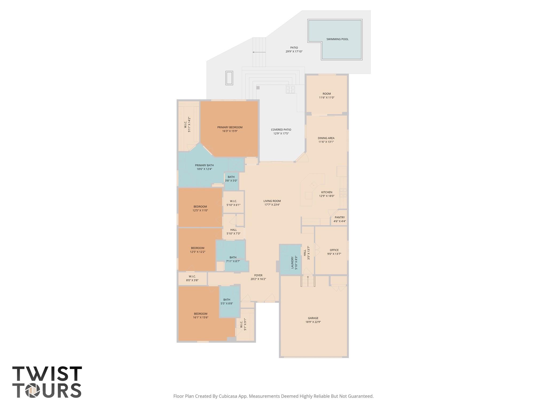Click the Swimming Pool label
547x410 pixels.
337,39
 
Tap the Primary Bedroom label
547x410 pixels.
230,127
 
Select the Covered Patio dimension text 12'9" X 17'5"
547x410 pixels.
281,133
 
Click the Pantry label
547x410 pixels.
339,217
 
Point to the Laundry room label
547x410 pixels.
292,262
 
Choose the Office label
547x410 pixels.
334,250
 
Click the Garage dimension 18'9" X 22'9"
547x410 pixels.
313,322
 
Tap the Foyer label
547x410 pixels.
258,275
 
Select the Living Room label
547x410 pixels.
272,201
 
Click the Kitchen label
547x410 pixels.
327,192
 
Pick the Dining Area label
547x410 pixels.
326,138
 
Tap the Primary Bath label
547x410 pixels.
204,165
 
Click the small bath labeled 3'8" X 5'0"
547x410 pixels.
231,179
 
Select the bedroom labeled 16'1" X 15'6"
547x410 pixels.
200,316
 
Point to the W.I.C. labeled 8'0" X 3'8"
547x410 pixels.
192,278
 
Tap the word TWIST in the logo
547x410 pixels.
47,374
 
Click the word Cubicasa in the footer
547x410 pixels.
229,396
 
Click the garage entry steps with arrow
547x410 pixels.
308,281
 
